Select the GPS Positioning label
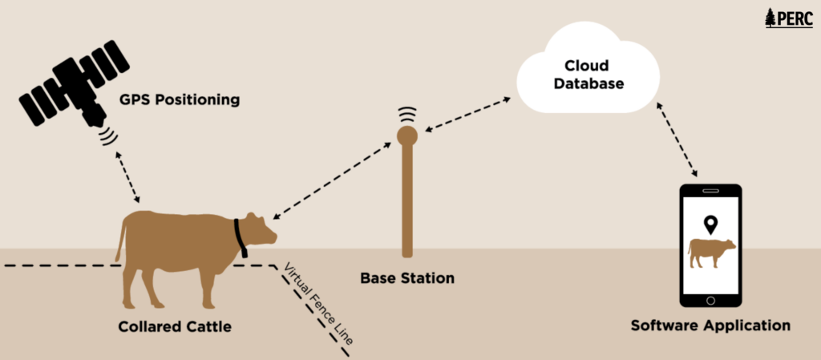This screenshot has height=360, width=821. [180, 100]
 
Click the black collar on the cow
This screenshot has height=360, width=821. [240, 237]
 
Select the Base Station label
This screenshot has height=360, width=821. [407, 278]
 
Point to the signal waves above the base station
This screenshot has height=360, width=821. [407, 114]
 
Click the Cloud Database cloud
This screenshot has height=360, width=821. [588, 74]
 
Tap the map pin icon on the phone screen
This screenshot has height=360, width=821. [710, 224]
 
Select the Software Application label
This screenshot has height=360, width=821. [710, 326]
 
